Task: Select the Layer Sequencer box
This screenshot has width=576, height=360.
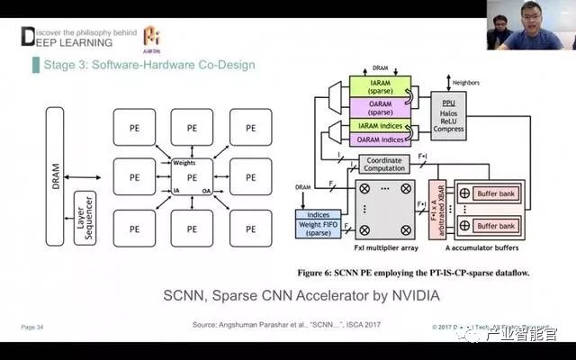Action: tap(85, 217)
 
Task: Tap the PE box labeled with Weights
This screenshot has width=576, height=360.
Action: tap(191, 177)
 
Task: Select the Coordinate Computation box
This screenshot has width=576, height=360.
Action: tap(384, 165)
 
